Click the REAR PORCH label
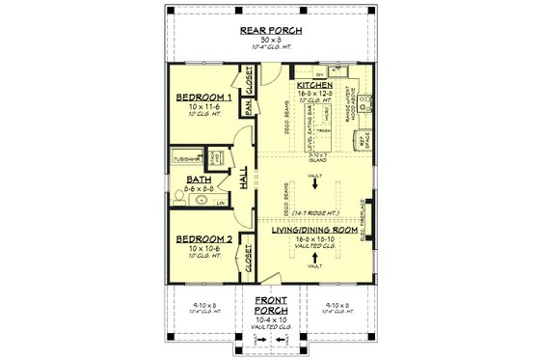coord(269,31)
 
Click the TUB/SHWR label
coord(186,156)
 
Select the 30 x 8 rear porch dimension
coord(269,40)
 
